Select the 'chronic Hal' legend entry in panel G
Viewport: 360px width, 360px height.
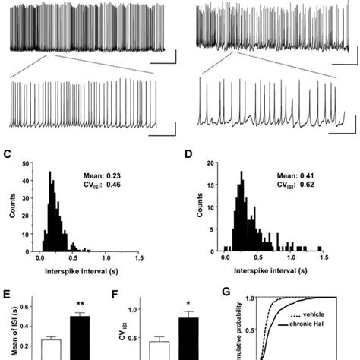328,331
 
